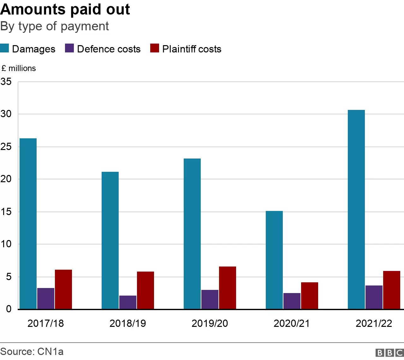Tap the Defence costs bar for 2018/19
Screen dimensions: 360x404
pos(128,302)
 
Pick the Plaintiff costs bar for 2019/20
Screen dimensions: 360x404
pos(227,288)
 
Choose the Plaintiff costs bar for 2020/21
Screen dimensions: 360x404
pos(309,296)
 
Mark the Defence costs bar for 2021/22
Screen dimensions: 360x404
pos(374,297)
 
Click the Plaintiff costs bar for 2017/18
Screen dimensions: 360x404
pos(63,289)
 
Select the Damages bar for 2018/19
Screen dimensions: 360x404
pos(110,240)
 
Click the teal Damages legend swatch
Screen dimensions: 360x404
pos(5,48)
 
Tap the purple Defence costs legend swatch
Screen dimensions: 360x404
pos(69,48)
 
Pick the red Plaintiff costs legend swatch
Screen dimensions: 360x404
pos(154,48)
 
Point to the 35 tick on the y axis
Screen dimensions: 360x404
pos(6,82)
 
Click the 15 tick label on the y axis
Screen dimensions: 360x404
pos(6,212)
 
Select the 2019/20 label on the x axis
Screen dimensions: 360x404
pos(210,323)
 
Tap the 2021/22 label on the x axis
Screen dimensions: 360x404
pos(374,323)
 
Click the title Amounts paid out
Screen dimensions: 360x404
pos(65,9)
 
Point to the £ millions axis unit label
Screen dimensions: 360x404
pos(19,68)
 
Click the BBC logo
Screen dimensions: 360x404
pos(389,352)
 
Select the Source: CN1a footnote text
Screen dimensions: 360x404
pos(32,351)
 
